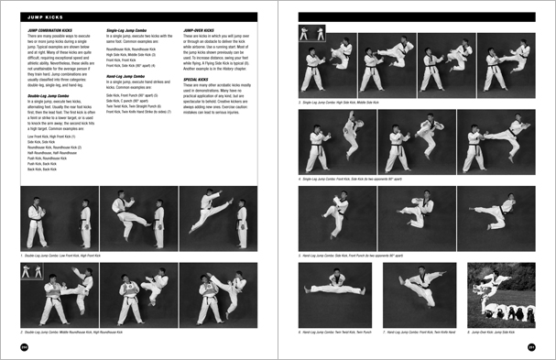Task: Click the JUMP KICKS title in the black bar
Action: (43, 16)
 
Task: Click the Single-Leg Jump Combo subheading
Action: (131, 30)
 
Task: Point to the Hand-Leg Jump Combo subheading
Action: (129, 77)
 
